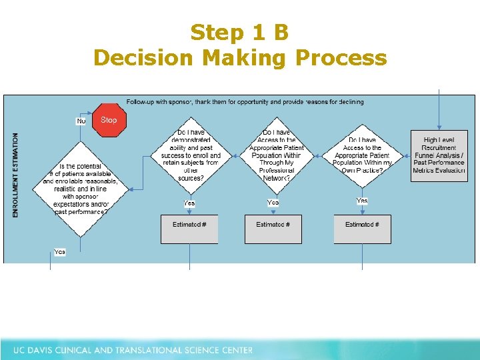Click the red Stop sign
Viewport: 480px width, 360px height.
click(x=109, y=120)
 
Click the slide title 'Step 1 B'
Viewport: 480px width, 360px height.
click(x=239, y=33)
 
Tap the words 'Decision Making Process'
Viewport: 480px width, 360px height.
click(x=240, y=58)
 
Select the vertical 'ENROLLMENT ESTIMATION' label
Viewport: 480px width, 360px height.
click(x=16, y=175)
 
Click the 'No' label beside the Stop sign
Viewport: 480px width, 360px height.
click(x=81, y=121)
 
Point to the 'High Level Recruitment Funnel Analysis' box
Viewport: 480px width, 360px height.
click(x=439, y=155)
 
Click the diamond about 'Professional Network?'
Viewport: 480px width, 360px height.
click(x=276, y=155)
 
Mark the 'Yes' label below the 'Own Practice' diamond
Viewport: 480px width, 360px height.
click(x=362, y=201)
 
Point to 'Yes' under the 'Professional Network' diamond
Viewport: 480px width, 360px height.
click(x=273, y=202)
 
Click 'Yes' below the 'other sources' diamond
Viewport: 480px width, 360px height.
click(x=189, y=203)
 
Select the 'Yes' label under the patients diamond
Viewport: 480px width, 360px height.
click(x=60, y=252)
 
